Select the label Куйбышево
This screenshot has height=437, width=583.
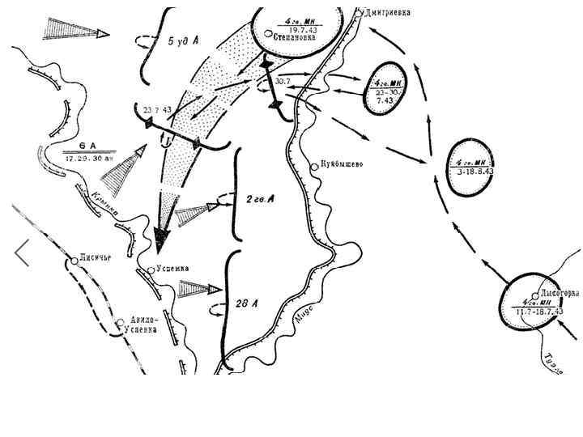coord(343,164)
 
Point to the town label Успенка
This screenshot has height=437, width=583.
coord(173,269)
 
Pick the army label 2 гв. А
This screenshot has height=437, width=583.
coord(259,199)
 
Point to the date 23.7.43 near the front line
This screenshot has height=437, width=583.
coord(157,109)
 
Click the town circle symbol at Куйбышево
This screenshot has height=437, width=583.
coord(316,168)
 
